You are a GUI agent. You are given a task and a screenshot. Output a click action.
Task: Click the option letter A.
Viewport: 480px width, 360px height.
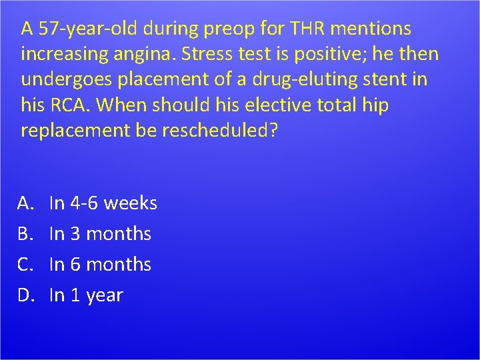pos(28,203)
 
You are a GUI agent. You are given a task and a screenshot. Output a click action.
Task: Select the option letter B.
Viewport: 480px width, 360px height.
pos(27,234)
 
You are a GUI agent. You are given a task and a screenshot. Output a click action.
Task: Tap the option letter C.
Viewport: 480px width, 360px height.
pos(27,265)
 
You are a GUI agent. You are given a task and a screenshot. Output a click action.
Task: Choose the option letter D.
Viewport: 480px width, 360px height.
pos(28,295)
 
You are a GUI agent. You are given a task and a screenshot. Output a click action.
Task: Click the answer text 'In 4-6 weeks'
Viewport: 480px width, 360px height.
pos(103,203)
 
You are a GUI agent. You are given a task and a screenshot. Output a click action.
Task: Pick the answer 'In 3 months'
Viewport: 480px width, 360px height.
pos(101,234)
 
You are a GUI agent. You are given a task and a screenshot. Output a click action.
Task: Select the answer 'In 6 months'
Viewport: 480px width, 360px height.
pos(101,265)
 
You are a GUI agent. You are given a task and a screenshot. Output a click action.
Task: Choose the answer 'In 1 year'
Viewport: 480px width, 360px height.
pos(87,295)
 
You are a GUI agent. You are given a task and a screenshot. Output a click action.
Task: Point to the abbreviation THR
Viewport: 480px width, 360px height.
pos(303,29)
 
